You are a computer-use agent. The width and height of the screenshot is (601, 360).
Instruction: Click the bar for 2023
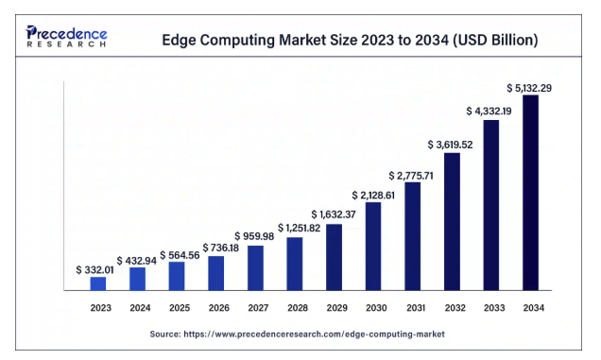coord(98,283)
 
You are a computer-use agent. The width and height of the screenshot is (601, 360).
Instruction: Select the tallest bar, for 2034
coord(530,193)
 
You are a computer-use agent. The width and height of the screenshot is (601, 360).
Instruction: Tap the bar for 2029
coord(334,257)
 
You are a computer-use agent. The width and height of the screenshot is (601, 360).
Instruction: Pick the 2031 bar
coord(412,236)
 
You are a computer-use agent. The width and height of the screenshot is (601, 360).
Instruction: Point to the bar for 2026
coord(216,273)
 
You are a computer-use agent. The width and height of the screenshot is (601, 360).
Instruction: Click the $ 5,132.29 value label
coord(529,88)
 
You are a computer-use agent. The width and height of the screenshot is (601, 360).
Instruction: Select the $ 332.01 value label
coord(94,270)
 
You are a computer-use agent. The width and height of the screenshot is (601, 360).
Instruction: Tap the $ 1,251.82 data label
coord(299,228)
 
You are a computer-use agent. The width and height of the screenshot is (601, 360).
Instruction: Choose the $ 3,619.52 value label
coord(450,145)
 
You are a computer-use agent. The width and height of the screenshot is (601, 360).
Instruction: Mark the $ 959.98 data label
coord(254,236)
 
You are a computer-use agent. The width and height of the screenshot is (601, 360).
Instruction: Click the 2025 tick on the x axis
coord(180,308)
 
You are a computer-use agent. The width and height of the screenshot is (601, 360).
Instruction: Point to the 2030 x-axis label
coord(376,308)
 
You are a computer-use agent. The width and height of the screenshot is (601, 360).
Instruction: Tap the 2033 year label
coord(494,308)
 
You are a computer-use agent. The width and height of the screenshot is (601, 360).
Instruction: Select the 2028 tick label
coord(298,308)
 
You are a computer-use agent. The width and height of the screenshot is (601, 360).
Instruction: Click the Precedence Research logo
coord(66,37)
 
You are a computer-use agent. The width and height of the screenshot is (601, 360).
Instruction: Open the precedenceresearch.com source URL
coord(314,334)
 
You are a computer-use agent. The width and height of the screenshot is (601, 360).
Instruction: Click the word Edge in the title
coord(179,41)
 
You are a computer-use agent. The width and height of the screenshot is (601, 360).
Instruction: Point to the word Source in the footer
coord(164,334)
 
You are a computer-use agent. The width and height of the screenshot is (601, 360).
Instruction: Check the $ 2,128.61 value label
coord(373,196)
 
